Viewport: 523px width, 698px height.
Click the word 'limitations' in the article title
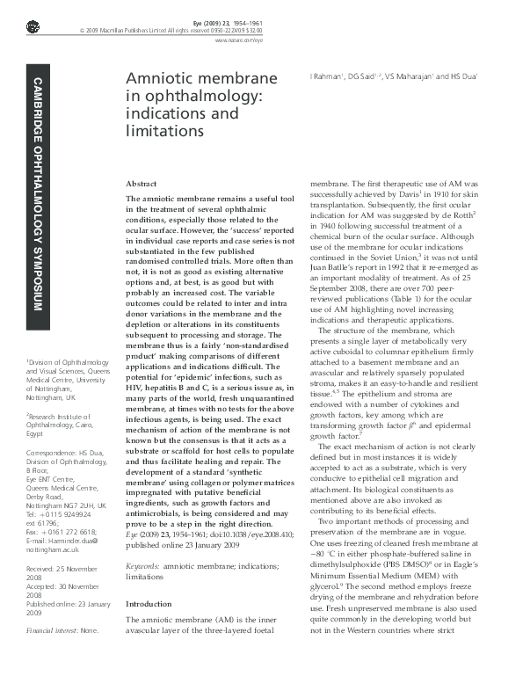coord(161,130)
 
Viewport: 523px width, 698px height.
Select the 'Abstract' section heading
coord(142,183)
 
